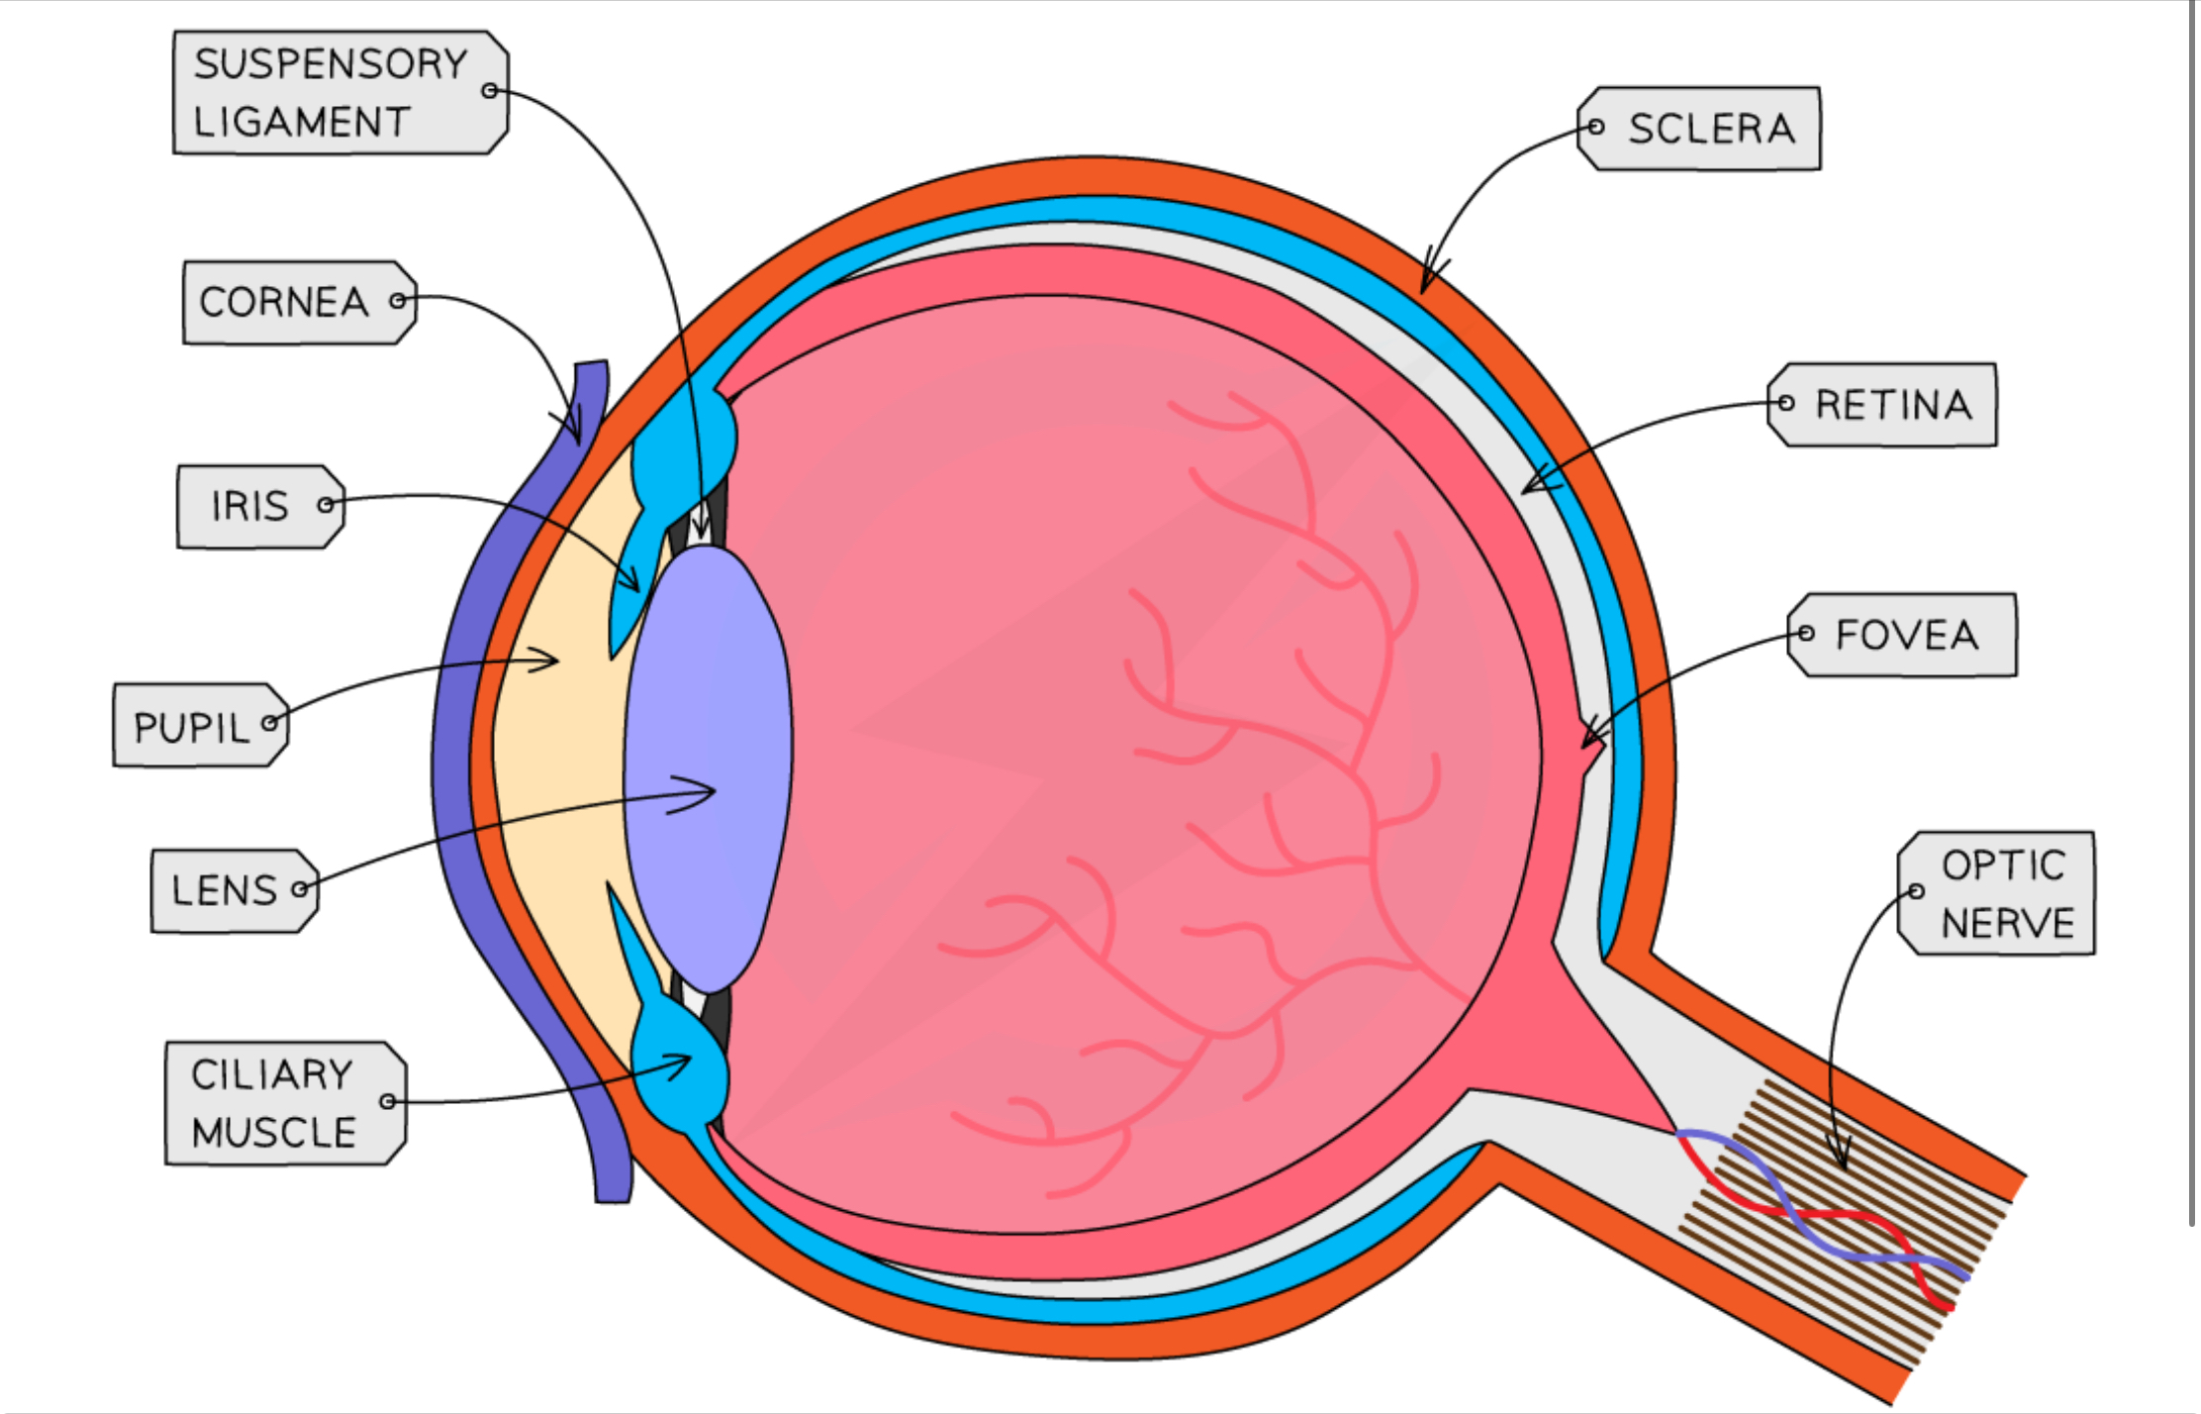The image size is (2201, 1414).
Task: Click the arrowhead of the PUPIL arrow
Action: [x=557, y=660]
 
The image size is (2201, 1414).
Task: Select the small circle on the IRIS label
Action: [x=325, y=505]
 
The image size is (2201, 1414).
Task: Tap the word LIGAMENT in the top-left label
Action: [x=301, y=123]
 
